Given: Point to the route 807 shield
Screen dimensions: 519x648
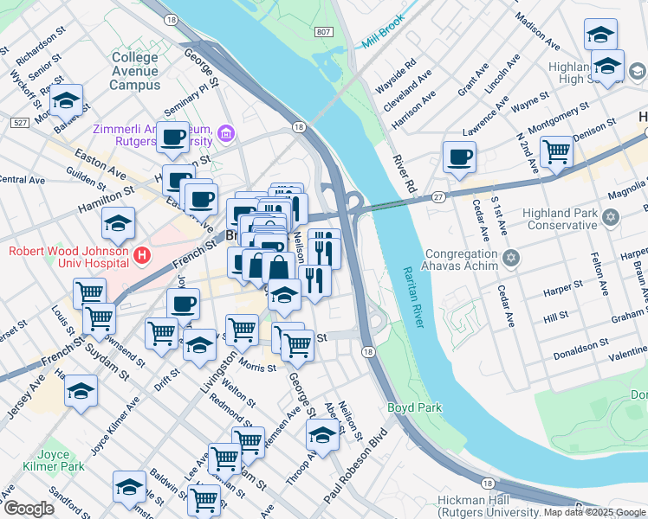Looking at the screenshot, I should click(323, 32).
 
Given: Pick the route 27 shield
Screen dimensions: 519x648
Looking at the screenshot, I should click(439, 198).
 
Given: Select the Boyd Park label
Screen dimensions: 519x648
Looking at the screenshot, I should click(414, 407).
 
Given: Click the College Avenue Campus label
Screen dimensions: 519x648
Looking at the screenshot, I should click(134, 71).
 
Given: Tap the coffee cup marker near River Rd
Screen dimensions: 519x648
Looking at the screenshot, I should click(458, 157).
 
